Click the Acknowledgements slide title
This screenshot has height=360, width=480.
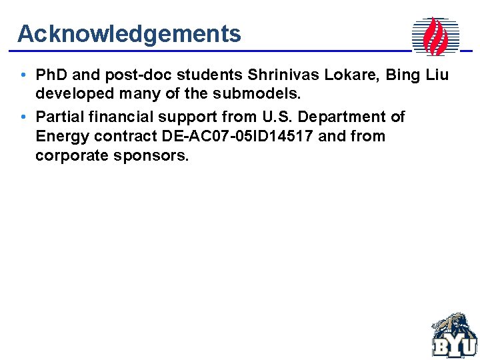(x=129, y=33)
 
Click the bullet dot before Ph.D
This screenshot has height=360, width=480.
(x=23, y=75)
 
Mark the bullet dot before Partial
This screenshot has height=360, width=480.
(x=23, y=117)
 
